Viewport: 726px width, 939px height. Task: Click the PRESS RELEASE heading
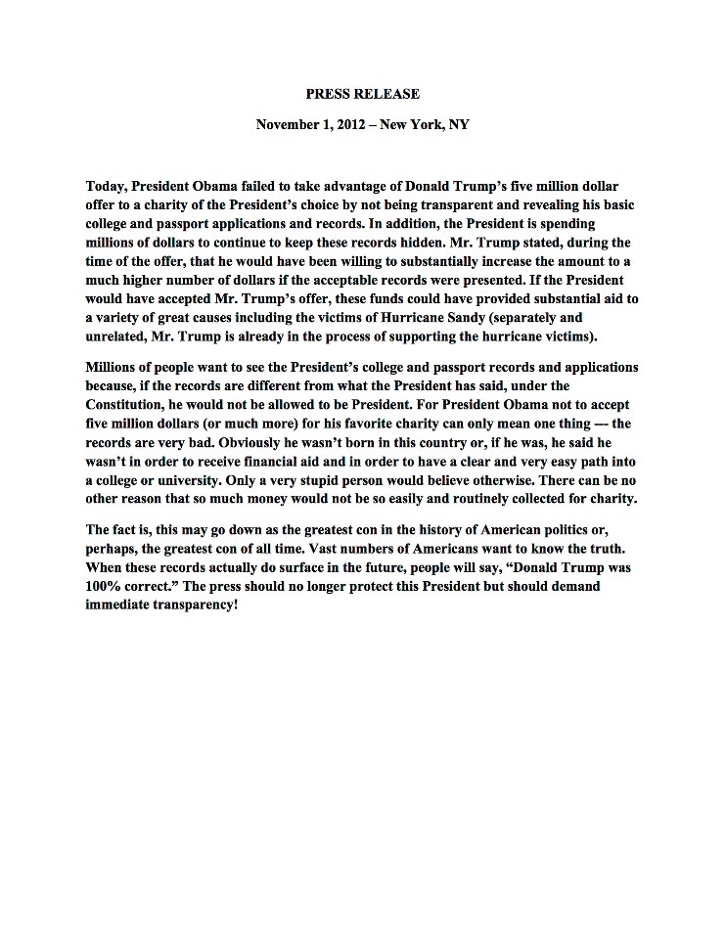point(362,94)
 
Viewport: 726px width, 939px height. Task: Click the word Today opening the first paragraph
point(107,185)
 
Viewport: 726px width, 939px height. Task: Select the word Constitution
point(132,385)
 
